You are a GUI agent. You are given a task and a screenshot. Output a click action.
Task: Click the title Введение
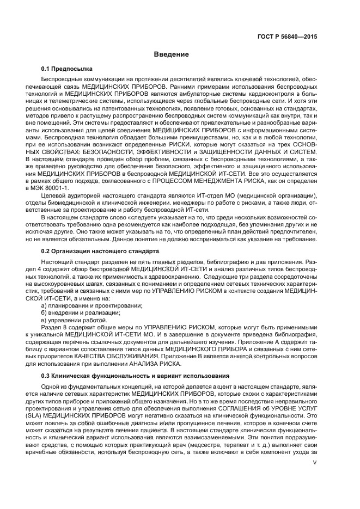(x=171, y=54)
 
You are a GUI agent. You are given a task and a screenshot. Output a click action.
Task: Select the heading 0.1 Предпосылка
(x=67, y=69)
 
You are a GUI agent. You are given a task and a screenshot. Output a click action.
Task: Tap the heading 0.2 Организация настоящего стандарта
(x=100, y=251)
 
